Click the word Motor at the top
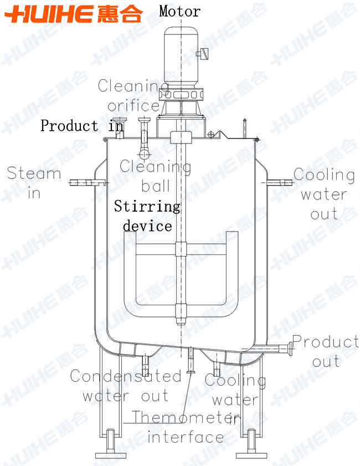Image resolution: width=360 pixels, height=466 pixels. pos(179,11)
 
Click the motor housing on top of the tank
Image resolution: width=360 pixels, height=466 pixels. pos(181,57)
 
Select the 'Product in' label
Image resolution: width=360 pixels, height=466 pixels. pos(82,125)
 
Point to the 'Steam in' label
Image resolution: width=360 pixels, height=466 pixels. pos(34,182)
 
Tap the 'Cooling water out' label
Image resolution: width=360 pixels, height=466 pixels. pos(324,194)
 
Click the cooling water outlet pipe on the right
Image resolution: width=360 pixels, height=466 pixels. pos(279,182)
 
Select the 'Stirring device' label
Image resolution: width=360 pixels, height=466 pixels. pos(147,216)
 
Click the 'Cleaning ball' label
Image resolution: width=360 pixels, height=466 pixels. pos(155,176)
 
